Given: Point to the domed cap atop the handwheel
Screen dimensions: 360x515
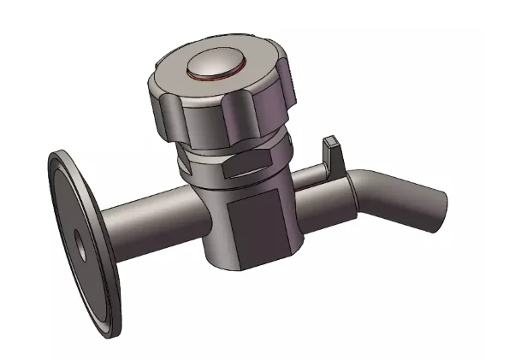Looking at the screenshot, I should (x=216, y=63).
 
